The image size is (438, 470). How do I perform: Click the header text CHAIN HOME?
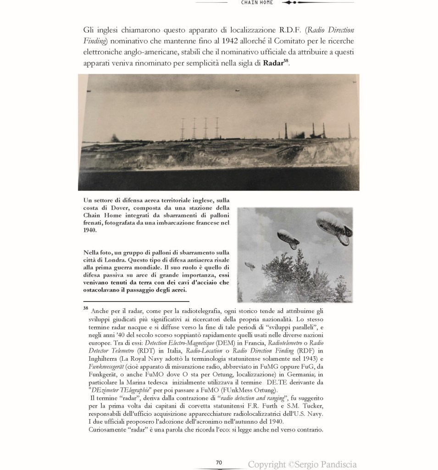[257, 3]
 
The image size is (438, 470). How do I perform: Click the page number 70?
[219, 462]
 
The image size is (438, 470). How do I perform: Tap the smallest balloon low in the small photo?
[250, 265]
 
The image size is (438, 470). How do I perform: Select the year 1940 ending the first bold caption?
[90, 231]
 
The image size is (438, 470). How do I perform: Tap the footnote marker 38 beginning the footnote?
[86, 308]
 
